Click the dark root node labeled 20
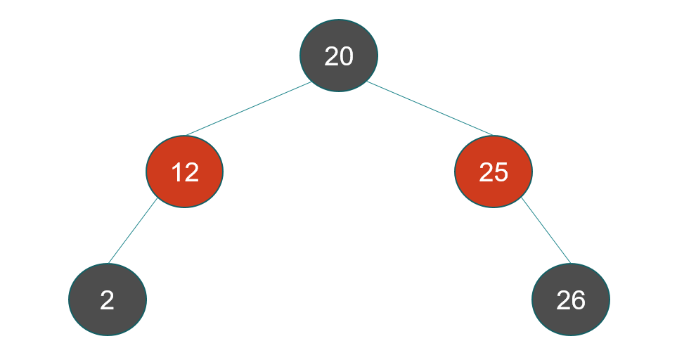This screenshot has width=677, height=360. [339, 56]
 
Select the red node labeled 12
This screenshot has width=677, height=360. [184, 172]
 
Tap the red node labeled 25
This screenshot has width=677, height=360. [494, 172]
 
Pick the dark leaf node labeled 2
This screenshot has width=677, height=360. [108, 299]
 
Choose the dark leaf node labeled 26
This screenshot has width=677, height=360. [571, 299]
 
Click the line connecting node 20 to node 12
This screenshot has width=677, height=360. [249, 108]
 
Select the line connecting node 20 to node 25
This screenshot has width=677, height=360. [430, 108]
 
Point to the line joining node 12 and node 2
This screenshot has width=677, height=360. [133, 231]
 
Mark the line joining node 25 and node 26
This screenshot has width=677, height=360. [546, 231]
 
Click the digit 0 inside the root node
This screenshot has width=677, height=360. [347, 56]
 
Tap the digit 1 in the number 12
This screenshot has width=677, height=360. [177, 172]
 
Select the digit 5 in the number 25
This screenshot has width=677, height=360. [501, 172]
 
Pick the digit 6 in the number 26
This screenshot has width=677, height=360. [578, 300]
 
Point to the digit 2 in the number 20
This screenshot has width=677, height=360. [331, 56]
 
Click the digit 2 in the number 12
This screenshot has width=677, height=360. [192, 172]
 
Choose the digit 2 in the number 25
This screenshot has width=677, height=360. [486, 172]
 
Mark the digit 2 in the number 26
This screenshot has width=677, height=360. [563, 300]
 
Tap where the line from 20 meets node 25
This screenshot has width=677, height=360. [493, 135]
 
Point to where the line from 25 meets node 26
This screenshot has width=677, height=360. [571, 263]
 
